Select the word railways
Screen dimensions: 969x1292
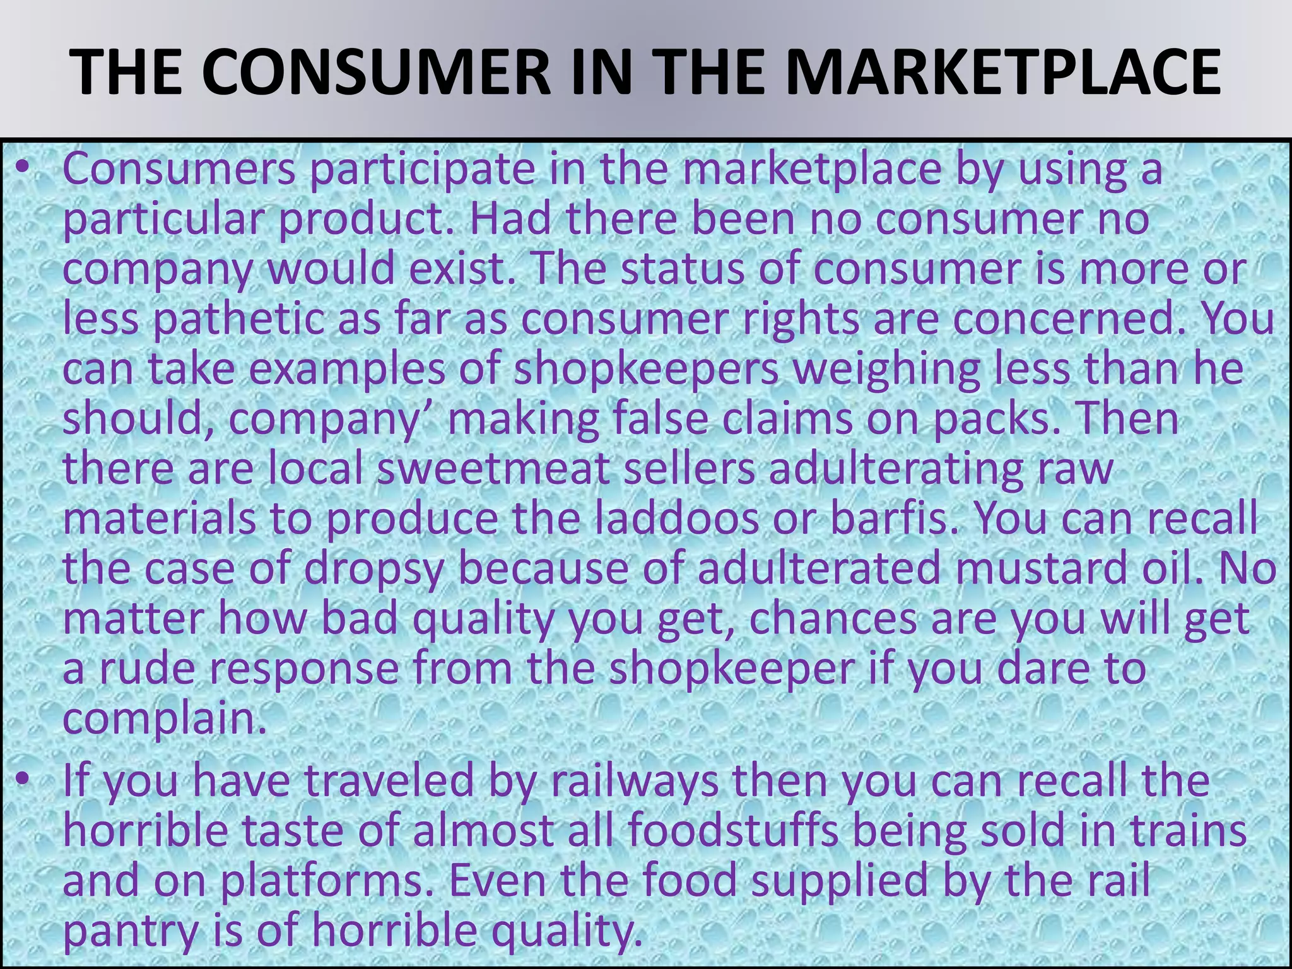point(635,782)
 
